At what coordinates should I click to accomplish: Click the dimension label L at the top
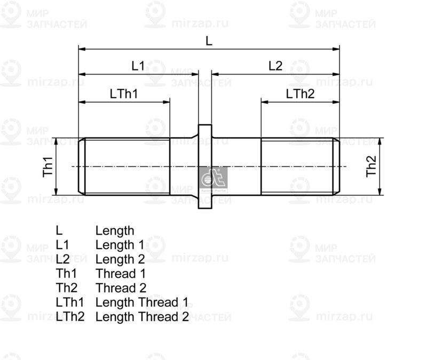tap(209, 41)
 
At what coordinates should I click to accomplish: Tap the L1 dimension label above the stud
tap(138, 66)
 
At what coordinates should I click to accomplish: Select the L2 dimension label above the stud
tap(275, 66)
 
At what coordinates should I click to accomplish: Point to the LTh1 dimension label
tap(124, 94)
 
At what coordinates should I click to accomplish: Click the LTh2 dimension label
tap(300, 94)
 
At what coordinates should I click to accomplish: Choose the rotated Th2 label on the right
tap(371, 166)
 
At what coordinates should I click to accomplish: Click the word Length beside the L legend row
tap(115, 231)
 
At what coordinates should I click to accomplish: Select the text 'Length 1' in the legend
tap(120, 245)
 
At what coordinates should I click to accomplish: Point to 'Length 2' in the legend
tap(120, 260)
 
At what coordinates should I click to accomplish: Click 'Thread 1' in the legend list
tap(120, 274)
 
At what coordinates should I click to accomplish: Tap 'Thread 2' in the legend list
tap(121, 289)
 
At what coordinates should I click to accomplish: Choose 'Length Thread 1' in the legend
tap(142, 303)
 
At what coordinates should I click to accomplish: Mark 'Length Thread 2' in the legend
tap(142, 317)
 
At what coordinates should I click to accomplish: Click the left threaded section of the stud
tap(125, 166)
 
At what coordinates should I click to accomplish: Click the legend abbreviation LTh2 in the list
tap(70, 317)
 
